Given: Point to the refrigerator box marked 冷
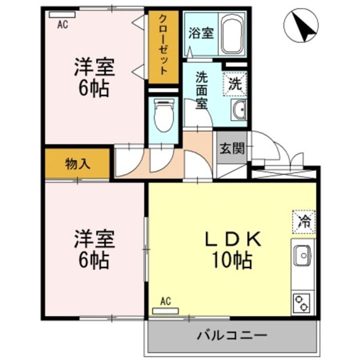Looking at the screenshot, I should point(303,221).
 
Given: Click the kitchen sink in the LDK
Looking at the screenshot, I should point(302,256).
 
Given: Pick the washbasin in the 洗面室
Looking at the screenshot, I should point(238,109).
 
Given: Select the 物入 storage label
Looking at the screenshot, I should point(77,164).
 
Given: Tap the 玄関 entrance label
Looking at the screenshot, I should point(232,148).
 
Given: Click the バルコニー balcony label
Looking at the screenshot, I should point(231,334).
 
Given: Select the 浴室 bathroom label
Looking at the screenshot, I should point(201,33).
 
